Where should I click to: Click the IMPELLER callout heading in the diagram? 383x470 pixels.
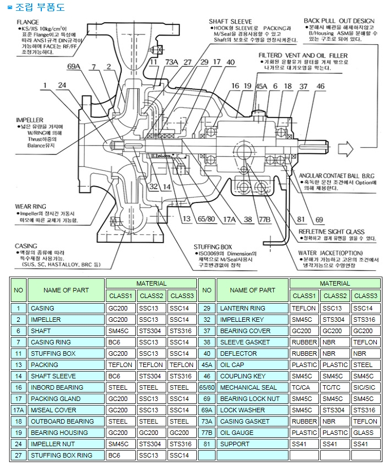[27, 120]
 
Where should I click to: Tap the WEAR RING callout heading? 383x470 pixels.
[31, 206]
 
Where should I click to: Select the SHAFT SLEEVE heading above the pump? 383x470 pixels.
[227, 21]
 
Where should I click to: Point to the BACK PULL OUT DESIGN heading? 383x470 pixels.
[339, 21]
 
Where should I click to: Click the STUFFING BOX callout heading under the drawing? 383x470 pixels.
[213, 247]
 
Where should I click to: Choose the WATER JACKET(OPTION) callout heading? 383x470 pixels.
[330, 253]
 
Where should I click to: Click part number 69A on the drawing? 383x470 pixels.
[74, 67]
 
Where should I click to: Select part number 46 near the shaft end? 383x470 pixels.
[321, 86]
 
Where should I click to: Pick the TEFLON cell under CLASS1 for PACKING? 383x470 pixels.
[121, 365]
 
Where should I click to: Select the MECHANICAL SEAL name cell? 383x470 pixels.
[249, 387]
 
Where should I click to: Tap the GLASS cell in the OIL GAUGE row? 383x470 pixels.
[365, 433]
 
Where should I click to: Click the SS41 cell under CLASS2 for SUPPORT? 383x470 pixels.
[335, 444]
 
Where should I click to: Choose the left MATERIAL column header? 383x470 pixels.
[151, 283]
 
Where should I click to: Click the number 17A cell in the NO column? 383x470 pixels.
[19, 410]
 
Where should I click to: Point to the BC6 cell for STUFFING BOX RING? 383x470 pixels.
[121, 455]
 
